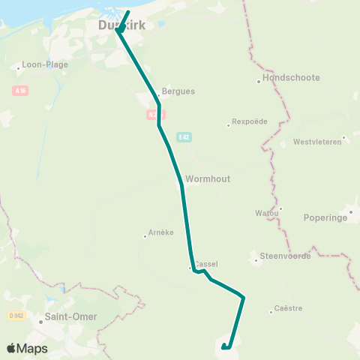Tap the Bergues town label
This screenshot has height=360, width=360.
178,91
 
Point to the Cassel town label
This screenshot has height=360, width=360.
206,265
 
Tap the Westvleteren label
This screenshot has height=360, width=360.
317,142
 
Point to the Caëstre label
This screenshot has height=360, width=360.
288,308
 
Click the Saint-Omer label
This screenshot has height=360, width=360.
70,316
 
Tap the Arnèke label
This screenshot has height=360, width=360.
161,232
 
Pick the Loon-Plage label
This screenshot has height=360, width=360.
46,64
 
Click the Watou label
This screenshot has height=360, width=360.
267,213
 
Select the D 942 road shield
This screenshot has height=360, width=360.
16,316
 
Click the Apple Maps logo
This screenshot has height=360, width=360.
27,348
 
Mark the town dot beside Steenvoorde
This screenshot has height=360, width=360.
256,260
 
